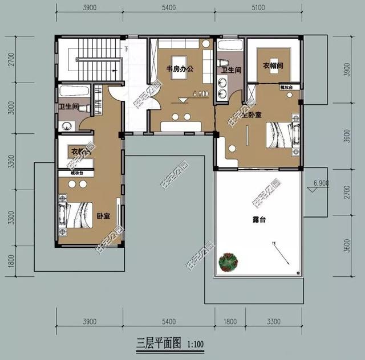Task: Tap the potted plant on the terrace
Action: [229, 262]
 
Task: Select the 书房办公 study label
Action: [180, 69]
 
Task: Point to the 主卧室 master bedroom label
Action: [251, 114]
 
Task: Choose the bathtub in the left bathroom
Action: [73, 91]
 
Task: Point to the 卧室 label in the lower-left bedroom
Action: [103, 216]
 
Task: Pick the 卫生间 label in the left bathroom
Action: [68, 107]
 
